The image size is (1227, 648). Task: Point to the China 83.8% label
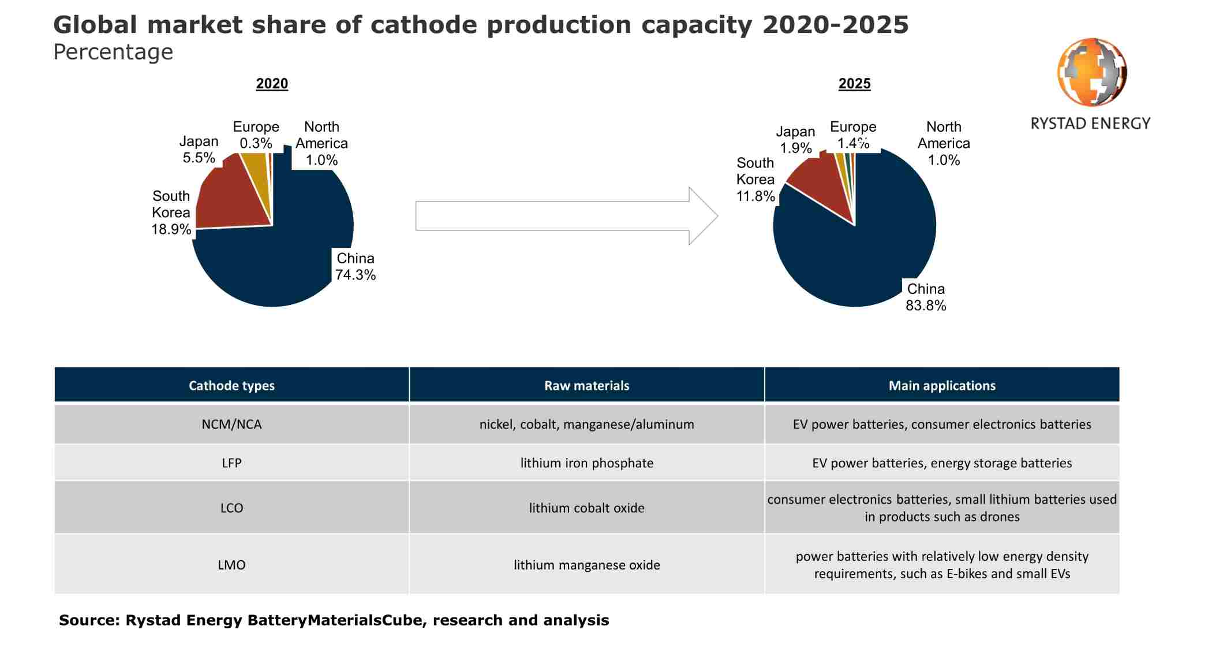pos(925,297)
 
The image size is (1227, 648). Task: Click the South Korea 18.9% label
pos(171,213)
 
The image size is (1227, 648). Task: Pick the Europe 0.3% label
pos(256,135)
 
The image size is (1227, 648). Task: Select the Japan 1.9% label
pos(795,140)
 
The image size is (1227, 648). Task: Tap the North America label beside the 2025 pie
pos(944,143)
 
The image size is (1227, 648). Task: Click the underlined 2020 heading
pos(272,84)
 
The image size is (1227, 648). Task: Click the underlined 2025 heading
pos(854,84)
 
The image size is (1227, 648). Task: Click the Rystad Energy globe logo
pos(1091,72)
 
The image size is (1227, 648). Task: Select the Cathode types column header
pos(231,385)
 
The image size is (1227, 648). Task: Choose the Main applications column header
pos(942,385)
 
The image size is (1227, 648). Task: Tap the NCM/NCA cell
pos(231,424)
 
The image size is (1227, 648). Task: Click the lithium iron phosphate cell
pos(586,463)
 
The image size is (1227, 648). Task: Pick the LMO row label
pos(231,565)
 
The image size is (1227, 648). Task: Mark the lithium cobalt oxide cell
pos(586,508)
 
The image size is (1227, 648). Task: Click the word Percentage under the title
pos(113,52)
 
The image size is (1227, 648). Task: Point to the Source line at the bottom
pos(334,620)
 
